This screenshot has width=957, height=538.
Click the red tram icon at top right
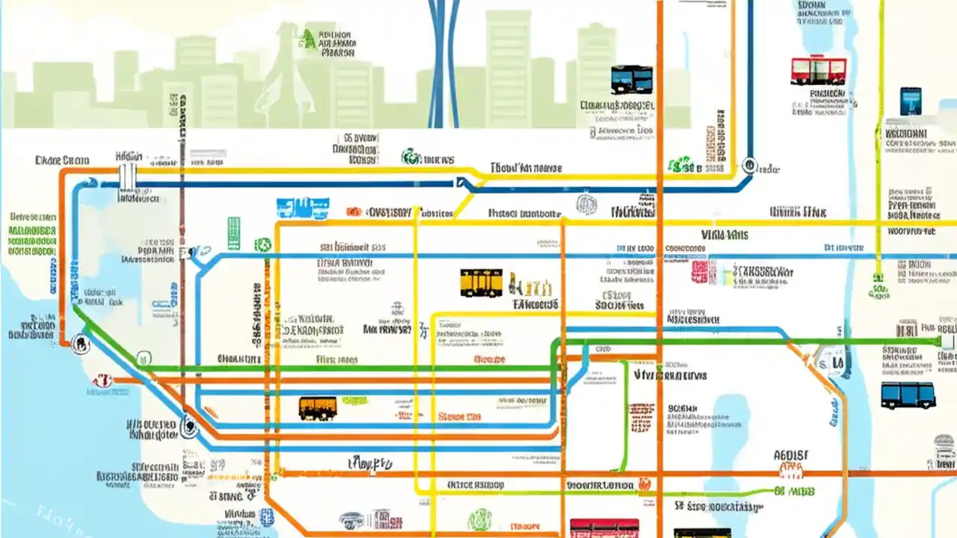819,69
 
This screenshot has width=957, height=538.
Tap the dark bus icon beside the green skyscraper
631,79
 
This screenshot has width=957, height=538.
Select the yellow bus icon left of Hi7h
481,283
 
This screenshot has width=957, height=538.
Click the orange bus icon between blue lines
318,408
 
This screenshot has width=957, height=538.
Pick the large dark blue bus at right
908,395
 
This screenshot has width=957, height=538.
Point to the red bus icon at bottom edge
604,528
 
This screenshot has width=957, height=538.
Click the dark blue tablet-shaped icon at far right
910,101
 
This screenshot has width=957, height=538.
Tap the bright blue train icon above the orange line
302,208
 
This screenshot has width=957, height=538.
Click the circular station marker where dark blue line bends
748,166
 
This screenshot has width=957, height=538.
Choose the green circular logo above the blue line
410,158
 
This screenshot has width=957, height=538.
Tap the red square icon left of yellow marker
699,271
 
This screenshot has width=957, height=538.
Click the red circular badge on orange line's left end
102,381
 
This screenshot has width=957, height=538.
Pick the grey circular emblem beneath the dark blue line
587,203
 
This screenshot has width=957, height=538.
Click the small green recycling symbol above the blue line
262,244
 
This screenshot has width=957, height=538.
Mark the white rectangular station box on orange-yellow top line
128,178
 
